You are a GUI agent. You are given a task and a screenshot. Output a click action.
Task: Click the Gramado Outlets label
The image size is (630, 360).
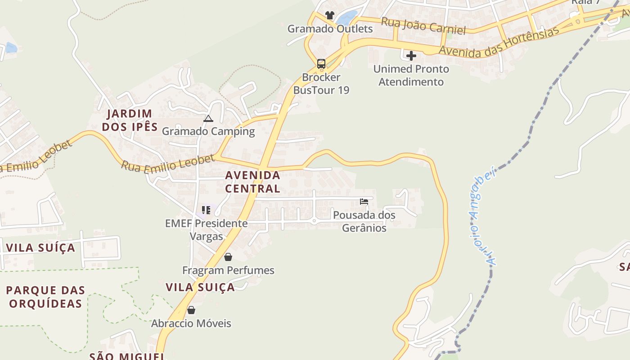click(x=330, y=29)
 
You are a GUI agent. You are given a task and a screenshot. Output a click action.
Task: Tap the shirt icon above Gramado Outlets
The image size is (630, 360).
click(x=329, y=15)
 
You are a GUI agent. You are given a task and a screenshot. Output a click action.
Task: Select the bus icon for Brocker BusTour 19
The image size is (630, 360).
click(x=321, y=64)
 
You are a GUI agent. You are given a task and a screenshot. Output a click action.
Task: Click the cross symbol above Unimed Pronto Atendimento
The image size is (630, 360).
click(x=411, y=56)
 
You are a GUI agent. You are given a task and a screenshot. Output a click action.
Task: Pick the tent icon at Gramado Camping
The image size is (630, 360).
click(x=208, y=119)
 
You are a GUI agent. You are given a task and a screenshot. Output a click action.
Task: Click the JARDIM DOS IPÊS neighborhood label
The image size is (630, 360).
click(x=130, y=120)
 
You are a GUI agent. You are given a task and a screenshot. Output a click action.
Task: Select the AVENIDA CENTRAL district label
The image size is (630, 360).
click(x=253, y=181)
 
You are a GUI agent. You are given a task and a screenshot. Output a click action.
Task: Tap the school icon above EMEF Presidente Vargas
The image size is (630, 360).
click(x=206, y=210)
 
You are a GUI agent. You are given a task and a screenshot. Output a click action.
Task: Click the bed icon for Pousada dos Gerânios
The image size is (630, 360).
click(x=364, y=201)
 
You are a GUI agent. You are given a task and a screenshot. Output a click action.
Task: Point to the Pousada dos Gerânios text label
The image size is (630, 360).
click(x=364, y=221)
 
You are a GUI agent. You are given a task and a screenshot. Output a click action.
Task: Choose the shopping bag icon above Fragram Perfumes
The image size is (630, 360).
click(x=228, y=257)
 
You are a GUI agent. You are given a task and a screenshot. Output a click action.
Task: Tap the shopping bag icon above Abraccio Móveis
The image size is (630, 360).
click(x=191, y=310)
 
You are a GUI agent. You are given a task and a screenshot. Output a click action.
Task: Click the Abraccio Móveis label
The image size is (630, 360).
click(x=191, y=323)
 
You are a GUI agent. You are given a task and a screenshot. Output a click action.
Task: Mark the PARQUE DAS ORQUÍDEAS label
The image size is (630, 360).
click(x=45, y=297)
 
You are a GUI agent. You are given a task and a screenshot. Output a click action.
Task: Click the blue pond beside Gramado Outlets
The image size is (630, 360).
click(x=346, y=18)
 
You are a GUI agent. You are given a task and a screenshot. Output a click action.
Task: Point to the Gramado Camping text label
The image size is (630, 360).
click(x=208, y=131)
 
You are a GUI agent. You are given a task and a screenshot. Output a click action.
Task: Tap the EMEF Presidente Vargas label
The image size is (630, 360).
click(x=206, y=229)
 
